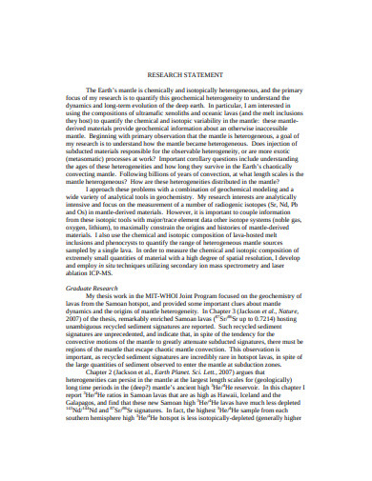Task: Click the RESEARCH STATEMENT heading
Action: [187, 73]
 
